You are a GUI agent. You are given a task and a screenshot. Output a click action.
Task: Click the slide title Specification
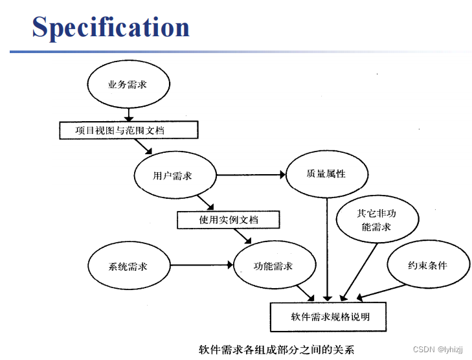point(111,28)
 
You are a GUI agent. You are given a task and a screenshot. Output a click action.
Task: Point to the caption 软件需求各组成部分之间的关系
point(276,350)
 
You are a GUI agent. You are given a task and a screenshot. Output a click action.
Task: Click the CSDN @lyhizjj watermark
point(438,350)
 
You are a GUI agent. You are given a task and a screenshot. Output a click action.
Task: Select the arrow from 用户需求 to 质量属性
point(251,175)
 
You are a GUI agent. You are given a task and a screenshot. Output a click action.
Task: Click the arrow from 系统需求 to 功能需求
point(201,265)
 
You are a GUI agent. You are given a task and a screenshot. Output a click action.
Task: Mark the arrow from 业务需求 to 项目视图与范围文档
point(129,115)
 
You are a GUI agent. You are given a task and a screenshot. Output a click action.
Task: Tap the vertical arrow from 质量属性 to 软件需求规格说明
point(327,249)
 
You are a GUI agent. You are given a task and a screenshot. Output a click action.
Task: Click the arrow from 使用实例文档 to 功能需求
point(243,236)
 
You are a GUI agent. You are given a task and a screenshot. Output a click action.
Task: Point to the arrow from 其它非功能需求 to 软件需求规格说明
point(359,272)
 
